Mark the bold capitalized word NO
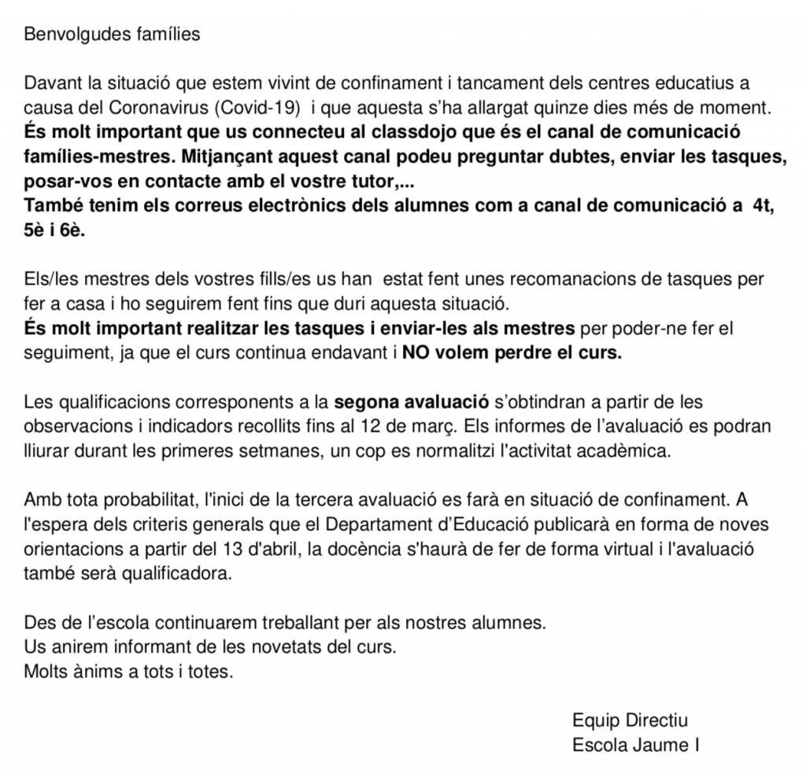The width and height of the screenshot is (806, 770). coord(416,353)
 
